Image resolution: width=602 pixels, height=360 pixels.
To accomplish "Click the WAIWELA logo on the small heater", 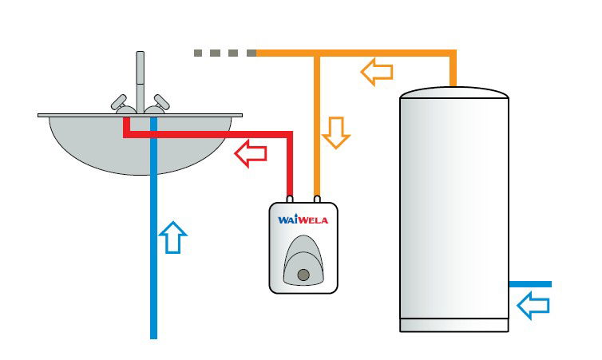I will pos(303,220).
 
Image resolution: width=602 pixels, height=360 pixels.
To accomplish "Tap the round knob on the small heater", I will pos(303,275).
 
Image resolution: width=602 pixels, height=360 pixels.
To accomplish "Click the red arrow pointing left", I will pos(251,153).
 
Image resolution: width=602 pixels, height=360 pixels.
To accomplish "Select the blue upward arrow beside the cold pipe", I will pos(173,237).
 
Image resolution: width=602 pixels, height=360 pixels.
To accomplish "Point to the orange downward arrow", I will pos(336,133).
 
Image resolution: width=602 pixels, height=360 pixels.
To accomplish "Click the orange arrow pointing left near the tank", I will pos(377,72).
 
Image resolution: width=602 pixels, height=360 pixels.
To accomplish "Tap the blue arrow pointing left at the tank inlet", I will pos(534,304).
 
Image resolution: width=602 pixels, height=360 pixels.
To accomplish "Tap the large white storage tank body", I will pos(454,208).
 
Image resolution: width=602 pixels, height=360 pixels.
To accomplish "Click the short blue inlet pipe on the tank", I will pos(531,284).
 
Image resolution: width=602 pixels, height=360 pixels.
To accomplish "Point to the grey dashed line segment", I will pos(224,53).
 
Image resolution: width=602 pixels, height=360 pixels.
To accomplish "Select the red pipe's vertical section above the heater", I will pos(290,168).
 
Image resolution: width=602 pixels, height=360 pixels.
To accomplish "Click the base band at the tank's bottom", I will pos(454,325).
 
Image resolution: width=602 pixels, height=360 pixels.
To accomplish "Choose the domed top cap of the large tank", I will pos(454,93).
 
